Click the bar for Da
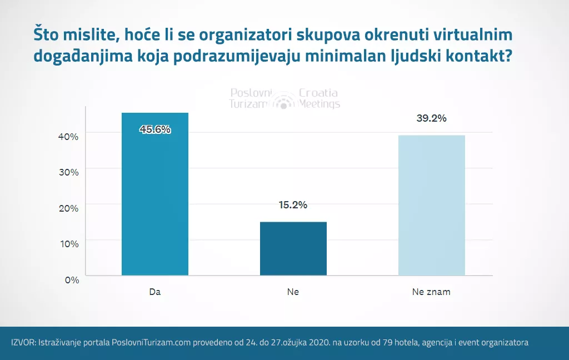tap(155, 194)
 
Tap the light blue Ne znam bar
tap(431, 205)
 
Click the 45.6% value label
tap(155, 129)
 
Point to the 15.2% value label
tap(293, 205)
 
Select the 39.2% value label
tap(431, 118)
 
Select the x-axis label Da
tap(155, 292)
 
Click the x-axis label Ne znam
tap(431, 292)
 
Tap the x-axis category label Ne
tap(293, 292)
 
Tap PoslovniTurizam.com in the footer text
tap(151, 343)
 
